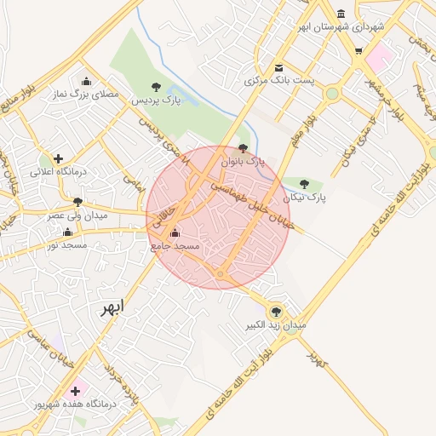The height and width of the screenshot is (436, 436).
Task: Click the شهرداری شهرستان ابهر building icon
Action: pyautogui.click(x=341, y=14)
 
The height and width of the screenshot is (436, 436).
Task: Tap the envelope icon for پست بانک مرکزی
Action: pyautogui.click(x=278, y=68)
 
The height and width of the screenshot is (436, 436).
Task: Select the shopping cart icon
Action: pyautogui.click(x=359, y=50)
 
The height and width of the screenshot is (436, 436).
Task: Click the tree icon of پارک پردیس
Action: pyautogui.click(x=156, y=87)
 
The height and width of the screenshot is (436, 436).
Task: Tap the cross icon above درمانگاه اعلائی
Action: pyautogui.click(x=58, y=158)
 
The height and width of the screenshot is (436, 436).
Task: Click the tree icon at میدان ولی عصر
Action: pyautogui.click(x=78, y=203)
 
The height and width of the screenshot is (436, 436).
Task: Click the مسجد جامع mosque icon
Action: pyautogui.click(x=175, y=232)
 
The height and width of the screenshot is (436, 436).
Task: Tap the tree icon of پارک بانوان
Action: pyautogui.click(x=244, y=147)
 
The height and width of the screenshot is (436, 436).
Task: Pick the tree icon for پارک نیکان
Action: pyautogui.click(x=304, y=184)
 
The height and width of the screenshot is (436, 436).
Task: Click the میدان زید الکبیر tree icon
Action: pyautogui.click(x=275, y=312)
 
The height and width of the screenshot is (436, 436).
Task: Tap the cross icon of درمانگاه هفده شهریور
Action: pyautogui.click(x=76, y=391)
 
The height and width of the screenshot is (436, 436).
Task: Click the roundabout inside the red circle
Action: pyautogui.click(x=220, y=274)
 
